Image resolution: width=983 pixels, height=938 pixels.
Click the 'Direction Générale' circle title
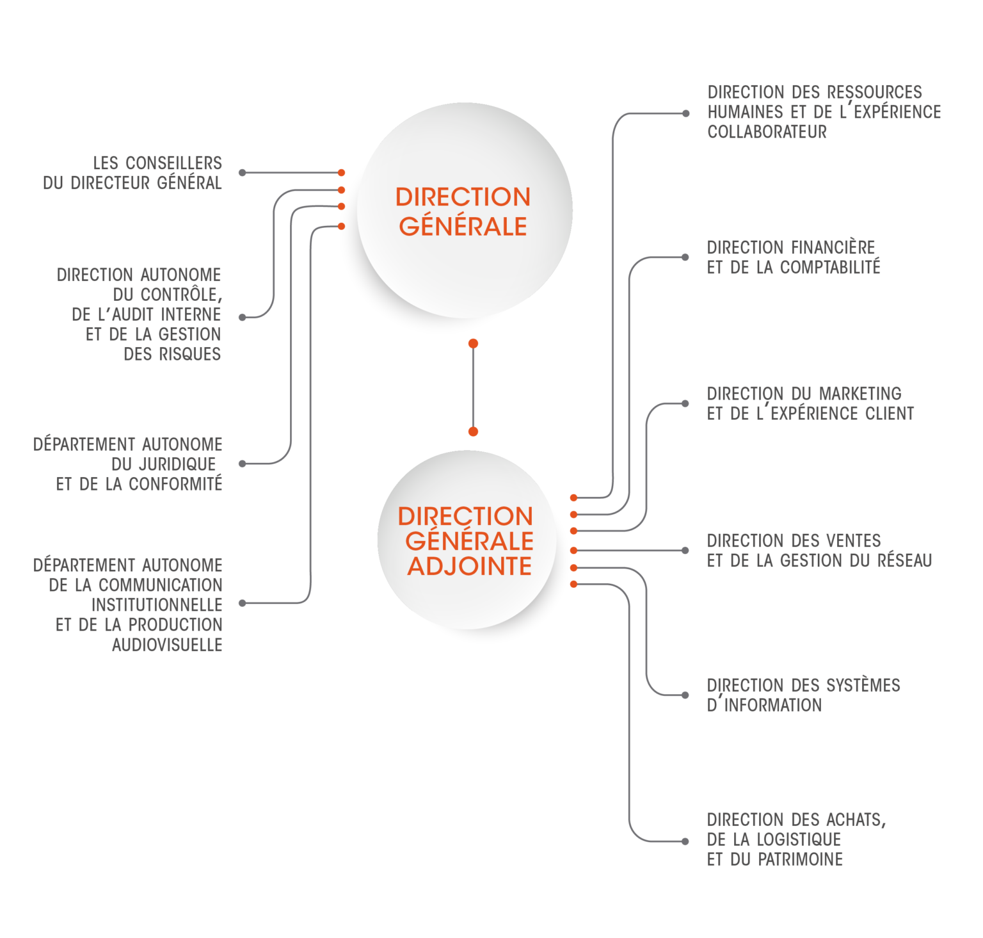[463, 211]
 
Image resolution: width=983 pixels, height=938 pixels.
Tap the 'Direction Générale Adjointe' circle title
[465, 541]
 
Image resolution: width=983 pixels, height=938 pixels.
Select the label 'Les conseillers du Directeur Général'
[133, 173]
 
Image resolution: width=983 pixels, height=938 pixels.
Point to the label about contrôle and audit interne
[140, 314]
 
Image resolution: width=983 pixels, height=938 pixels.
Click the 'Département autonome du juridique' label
[128, 464]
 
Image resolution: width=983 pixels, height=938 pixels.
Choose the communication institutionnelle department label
[128, 604]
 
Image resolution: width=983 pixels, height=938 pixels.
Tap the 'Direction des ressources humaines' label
[824, 112]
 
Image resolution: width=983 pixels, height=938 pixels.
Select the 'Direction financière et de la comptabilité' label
[794, 257]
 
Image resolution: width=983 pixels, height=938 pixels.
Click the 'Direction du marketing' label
[810, 403]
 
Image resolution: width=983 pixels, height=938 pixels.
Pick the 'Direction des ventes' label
[819, 551]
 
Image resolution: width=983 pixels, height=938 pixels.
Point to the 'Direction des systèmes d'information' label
[803, 695]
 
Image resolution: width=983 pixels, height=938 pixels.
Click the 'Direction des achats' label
[796, 839]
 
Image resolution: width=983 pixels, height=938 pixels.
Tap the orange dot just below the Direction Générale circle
[473, 344]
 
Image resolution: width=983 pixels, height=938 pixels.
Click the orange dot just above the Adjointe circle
[473, 432]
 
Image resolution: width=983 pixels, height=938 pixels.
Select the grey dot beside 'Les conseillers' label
[242, 173]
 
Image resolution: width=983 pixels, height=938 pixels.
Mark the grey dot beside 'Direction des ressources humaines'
[685, 114]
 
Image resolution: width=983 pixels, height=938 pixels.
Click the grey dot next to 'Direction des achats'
[685, 841]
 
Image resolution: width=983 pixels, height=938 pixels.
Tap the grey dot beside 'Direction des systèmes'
[685, 695]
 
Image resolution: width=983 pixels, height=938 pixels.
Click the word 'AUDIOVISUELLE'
[167, 645]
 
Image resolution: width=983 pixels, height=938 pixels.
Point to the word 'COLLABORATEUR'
[767, 132]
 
